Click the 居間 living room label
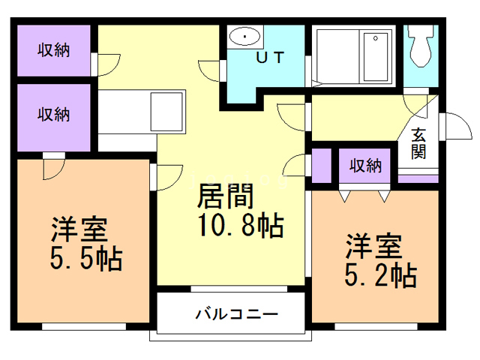click(x=226, y=196)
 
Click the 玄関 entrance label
click(x=419, y=143)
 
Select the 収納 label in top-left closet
click(x=54, y=50)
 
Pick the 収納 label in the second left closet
click(x=54, y=115)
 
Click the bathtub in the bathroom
click(x=376, y=55)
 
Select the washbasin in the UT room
click(x=244, y=37)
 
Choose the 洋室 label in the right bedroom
click(x=373, y=244)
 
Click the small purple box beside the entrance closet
click(x=322, y=166)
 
